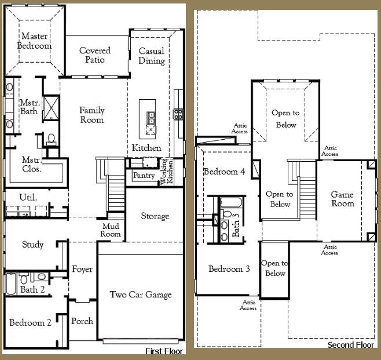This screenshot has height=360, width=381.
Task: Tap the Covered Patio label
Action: tap(95, 55)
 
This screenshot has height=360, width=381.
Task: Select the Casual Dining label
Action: tap(152, 56)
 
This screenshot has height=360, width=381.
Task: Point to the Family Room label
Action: tap(91, 115)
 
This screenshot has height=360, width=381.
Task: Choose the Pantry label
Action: tap(144, 175)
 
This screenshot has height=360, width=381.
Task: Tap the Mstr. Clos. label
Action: tap(31, 165)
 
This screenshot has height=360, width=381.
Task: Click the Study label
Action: tap(32, 245)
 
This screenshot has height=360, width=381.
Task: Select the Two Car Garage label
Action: tap(141, 294)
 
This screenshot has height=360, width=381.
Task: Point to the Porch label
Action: tap(82, 321)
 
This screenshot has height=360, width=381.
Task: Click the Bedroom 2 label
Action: tap(31, 322)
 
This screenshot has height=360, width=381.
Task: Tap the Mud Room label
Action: tap(112, 230)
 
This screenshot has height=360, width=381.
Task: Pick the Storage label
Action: tap(155, 216)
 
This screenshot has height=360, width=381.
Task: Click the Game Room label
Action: tap(342, 199)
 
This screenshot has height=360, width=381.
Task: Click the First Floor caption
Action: tap(164, 351)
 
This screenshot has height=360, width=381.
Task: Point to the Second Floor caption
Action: tap(351, 345)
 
